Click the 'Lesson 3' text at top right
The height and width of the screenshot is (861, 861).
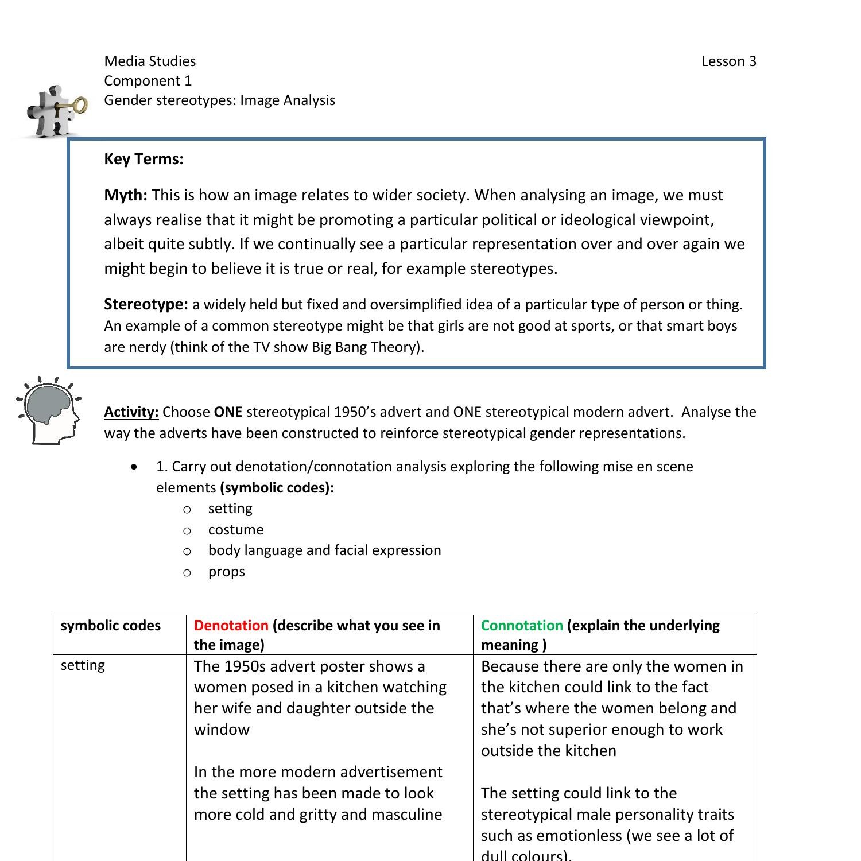(728, 61)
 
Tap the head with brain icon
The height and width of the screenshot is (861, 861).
(49, 411)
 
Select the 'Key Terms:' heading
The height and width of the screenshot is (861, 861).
(143, 159)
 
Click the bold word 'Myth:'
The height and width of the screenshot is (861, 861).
(126, 195)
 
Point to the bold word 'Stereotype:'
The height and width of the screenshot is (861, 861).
(146, 304)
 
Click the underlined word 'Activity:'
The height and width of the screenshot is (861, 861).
(131, 412)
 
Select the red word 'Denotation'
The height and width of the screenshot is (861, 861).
(231, 626)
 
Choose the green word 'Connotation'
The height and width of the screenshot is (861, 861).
(521, 626)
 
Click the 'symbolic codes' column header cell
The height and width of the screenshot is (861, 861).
(111, 626)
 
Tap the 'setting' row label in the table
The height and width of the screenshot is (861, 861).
(83, 665)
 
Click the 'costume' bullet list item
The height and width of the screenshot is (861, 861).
(236, 529)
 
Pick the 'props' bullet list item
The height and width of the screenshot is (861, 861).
(226, 572)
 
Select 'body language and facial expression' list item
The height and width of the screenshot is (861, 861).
(324, 550)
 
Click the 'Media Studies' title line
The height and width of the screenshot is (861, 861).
(150, 61)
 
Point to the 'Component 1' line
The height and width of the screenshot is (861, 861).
(148, 81)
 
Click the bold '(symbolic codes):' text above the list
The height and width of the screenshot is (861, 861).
(277, 488)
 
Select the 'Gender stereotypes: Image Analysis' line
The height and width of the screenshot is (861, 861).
(219, 100)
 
